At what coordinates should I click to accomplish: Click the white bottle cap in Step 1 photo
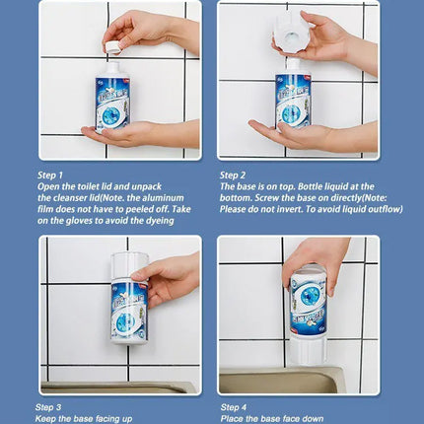(x=113, y=47)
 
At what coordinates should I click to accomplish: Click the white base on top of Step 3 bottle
(x=127, y=263)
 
